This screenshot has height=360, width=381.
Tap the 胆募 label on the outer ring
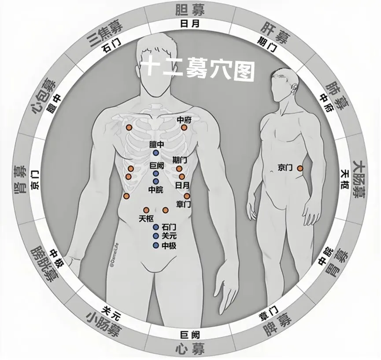[x=190, y=9]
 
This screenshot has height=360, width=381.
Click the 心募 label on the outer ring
[x=190, y=350]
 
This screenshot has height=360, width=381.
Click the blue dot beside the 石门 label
[x=156, y=227]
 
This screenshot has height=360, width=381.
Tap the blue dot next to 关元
[x=156, y=236]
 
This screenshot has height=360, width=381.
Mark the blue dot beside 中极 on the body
[x=156, y=246]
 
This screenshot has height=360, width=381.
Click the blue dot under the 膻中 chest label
[x=155, y=153]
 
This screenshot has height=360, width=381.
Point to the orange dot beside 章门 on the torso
[x=187, y=196]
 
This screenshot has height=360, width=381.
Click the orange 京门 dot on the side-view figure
[x=300, y=168]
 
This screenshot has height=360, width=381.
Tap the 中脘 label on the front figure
[x=156, y=190]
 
